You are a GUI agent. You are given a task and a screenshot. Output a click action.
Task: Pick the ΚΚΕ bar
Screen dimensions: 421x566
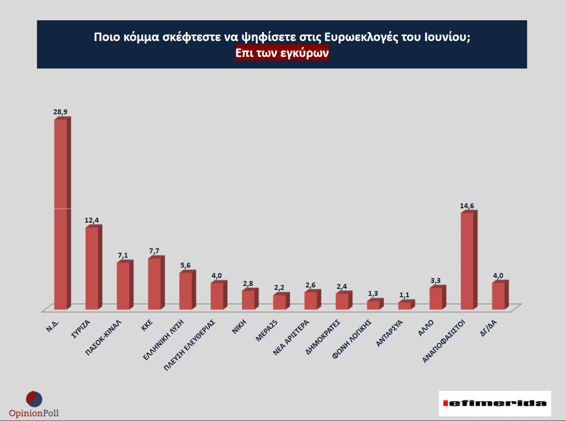[154, 283]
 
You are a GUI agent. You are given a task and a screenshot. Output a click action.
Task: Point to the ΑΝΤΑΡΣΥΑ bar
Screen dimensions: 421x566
[404, 306]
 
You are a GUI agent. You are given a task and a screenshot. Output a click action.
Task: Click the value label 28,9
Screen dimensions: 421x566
[60, 112]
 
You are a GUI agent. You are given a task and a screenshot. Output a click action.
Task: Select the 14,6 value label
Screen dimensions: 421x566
[467, 206]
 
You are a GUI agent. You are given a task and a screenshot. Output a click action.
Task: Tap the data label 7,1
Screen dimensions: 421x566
[123, 255]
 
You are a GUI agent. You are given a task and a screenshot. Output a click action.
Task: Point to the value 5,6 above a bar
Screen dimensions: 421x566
[185, 265]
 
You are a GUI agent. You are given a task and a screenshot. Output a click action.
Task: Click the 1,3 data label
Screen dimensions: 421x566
[373, 293]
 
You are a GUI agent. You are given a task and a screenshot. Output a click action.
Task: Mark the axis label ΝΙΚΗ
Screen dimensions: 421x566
[239, 327]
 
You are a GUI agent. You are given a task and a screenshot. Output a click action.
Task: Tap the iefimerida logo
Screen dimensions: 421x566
[495, 403]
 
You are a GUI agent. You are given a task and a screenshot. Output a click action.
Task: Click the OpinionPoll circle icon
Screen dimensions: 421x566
[34, 399]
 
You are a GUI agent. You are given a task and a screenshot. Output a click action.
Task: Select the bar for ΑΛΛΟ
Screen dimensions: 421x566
[436, 298]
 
